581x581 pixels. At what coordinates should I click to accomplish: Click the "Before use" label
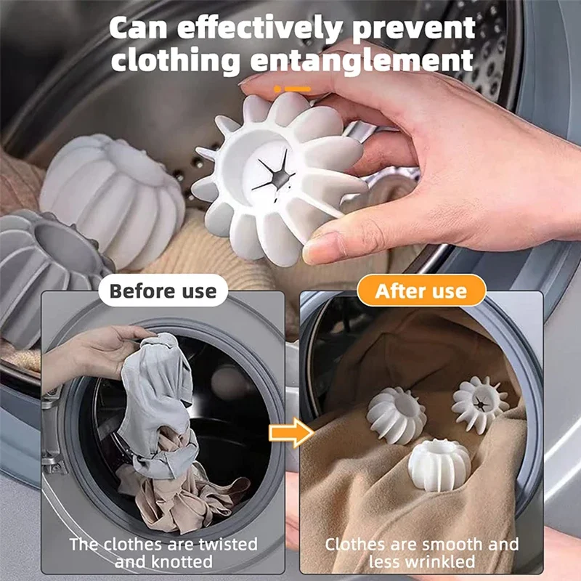(x=163, y=291)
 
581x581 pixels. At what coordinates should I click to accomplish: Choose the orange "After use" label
(x=421, y=291)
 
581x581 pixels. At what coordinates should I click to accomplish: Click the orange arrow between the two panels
(x=290, y=434)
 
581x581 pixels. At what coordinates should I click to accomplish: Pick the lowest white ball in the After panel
(x=439, y=466)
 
